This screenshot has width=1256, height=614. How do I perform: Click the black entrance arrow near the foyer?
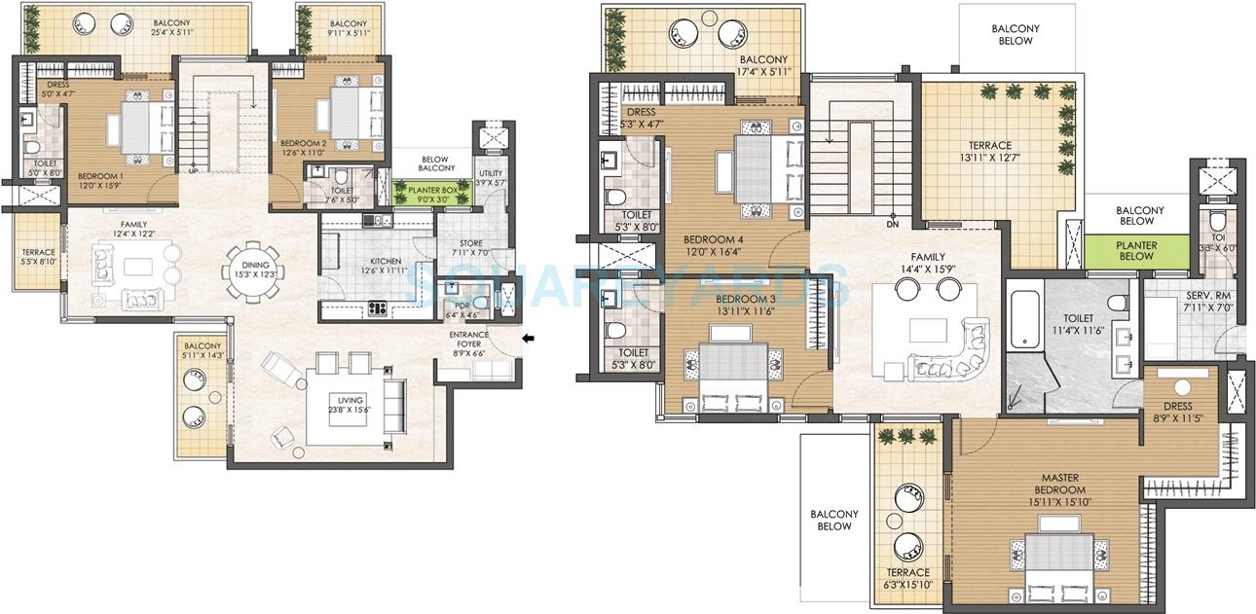(529, 339)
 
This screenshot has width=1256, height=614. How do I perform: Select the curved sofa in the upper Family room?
(950, 352)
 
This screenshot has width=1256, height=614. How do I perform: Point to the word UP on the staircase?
(194, 170)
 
